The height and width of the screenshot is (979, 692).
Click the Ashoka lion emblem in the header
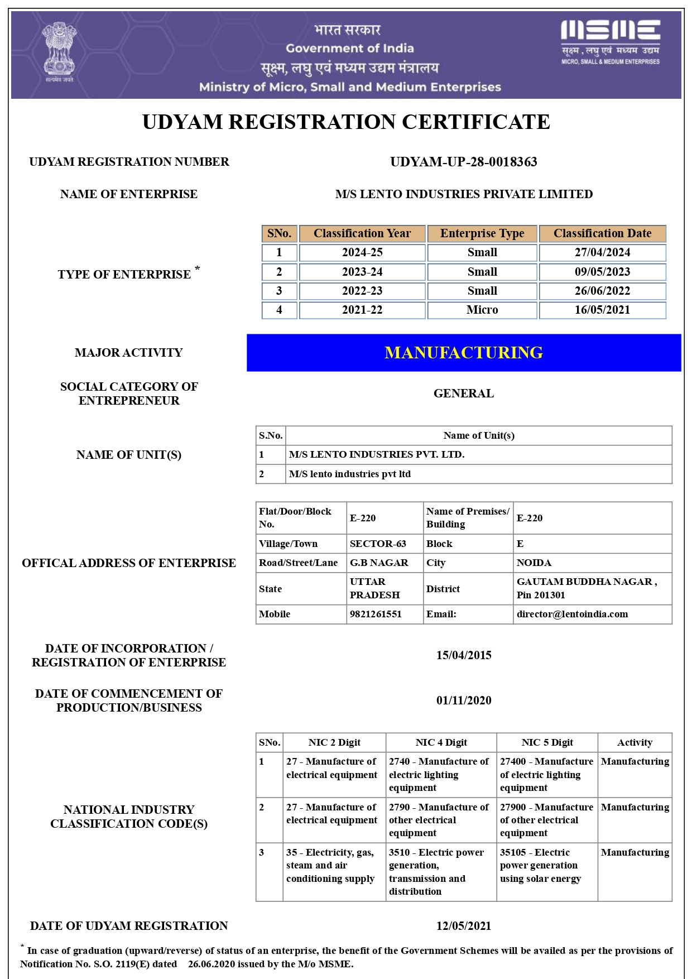[59, 51]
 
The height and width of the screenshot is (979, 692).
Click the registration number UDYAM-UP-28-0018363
[463, 162]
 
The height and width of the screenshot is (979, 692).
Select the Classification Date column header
[602, 233]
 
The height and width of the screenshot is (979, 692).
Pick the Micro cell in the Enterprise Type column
[482, 310]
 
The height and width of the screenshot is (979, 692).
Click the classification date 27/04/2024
[602, 252]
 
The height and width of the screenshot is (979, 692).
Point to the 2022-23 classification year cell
[362, 291]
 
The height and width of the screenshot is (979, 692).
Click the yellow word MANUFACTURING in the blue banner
[463, 353]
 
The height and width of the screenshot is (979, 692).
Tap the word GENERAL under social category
[463, 393]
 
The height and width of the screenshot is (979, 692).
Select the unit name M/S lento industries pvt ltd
[350, 474]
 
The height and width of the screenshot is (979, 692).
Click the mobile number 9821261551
[376, 614]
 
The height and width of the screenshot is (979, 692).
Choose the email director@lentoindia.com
[572, 614]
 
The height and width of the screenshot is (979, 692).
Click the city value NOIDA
[534, 563]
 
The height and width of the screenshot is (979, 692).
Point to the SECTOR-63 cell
[378, 544]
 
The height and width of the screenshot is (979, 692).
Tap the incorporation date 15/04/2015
[463, 655]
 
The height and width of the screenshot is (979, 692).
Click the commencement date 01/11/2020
[463, 700]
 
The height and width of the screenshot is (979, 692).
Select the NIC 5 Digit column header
[547, 742]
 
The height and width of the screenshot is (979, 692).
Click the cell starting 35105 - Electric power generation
[540, 865]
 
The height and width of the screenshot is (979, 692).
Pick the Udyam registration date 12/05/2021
[463, 926]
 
